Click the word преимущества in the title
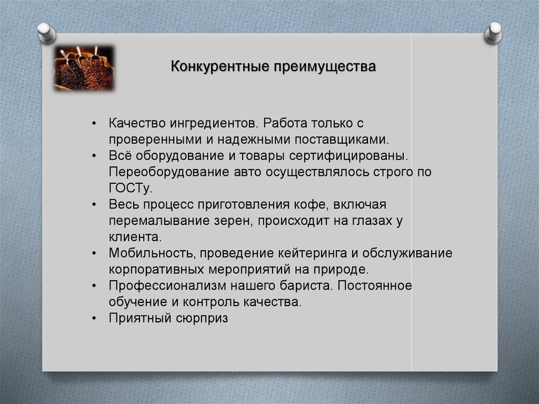[x=324, y=67]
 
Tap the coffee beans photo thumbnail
[x=84, y=68]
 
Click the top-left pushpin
[x=46, y=33]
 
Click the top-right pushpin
[x=493, y=33]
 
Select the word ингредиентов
[x=213, y=124]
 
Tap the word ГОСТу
[x=131, y=188]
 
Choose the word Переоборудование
[x=169, y=172]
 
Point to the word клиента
[x=135, y=237]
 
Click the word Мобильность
[x=152, y=253]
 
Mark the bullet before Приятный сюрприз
[x=94, y=318]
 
